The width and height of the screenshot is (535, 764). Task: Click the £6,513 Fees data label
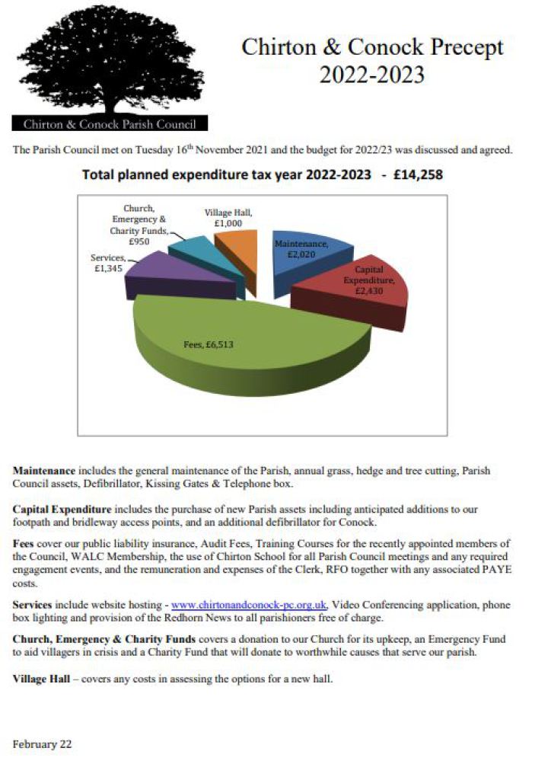[x=209, y=344]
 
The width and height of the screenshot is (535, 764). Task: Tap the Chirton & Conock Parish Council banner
[x=110, y=123]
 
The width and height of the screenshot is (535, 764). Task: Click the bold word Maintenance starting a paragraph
[x=43, y=471]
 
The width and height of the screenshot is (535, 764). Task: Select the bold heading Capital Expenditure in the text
[x=62, y=508]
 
